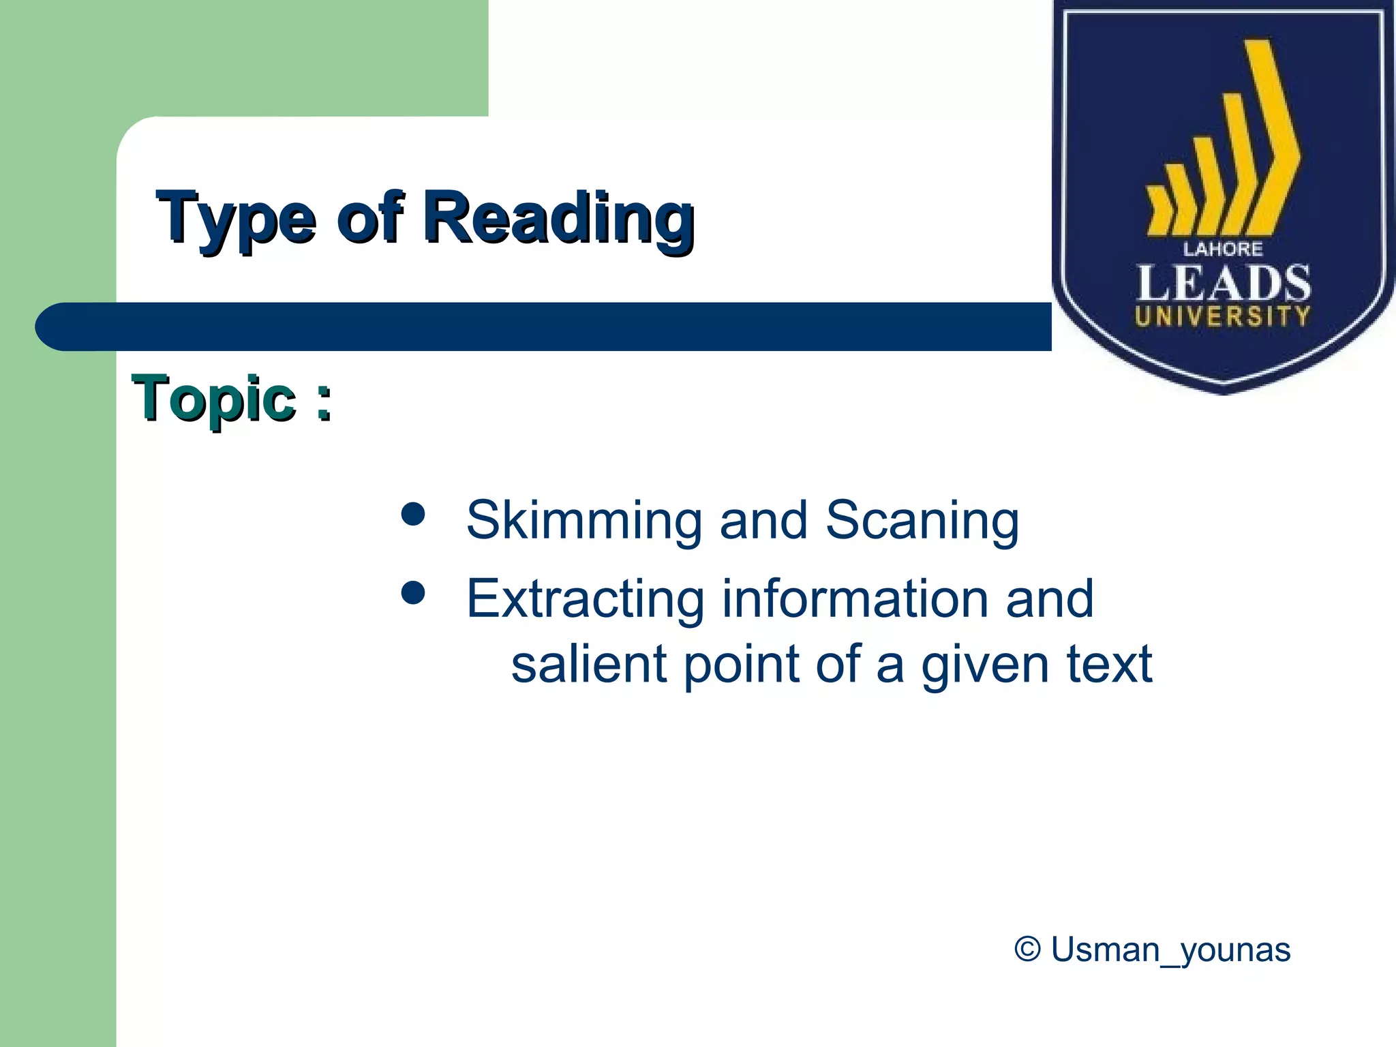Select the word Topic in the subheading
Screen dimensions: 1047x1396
click(x=213, y=399)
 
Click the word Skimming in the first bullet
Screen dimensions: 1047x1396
click(x=583, y=521)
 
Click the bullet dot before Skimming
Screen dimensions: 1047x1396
click(x=413, y=515)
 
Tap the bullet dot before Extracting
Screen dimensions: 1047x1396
click(x=413, y=592)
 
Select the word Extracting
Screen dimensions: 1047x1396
click(x=584, y=599)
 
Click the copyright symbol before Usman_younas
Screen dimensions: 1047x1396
click(x=1027, y=949)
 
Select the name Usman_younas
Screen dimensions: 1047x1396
click(x=1170, y=950)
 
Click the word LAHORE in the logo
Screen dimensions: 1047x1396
click(x=1223, y=249)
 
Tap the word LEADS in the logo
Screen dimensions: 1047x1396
click(x=1223, y=284)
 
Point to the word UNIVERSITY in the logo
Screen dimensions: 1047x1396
click(x=1223, y=317)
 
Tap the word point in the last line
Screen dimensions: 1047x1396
click(x=742, y=665)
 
